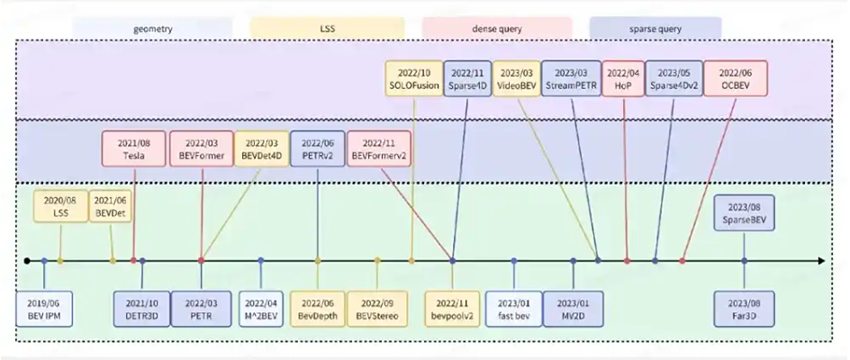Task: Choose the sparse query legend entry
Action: point(655,28)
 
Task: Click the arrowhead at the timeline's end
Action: point(819,261)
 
